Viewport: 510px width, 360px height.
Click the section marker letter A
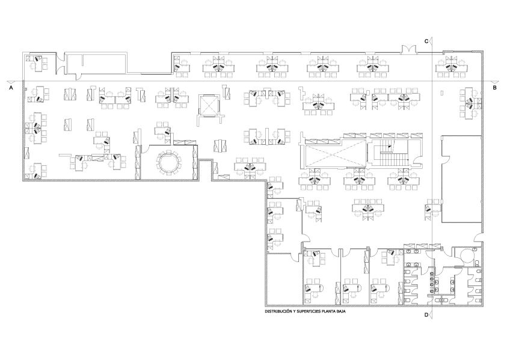coord(11,87)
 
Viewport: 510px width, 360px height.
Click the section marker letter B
coord(495,87)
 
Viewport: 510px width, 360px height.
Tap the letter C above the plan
coord(426,41)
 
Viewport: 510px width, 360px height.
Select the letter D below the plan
coord(426,314)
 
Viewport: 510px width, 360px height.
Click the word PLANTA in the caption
coord(328,311)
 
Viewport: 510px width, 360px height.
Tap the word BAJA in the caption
coord(341,311)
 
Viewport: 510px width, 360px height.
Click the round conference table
coord(169,162)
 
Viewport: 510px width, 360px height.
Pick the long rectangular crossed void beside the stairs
coord(336,155)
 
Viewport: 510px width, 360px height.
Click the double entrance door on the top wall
coord(409,49)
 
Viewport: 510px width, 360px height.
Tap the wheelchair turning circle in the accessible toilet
coord(467,255)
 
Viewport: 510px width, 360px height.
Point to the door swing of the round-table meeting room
coord(146,149)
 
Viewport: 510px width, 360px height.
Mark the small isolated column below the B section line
coord(441,93)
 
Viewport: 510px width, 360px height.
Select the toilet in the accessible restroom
coord(476,262)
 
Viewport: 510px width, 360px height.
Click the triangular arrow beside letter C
coord(431,41)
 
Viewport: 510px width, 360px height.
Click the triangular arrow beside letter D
coord(431,314)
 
